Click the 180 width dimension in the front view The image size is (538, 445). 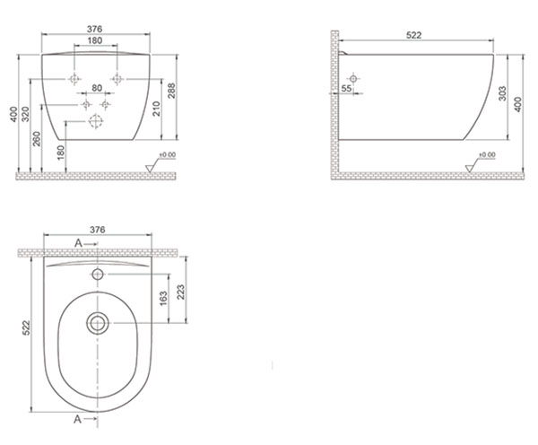pyautogui.click(x=95, y=40)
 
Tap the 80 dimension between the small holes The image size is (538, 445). pyautogui.click(x=97, y=88)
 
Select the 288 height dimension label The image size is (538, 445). pyautogui.click(x=171, y=91)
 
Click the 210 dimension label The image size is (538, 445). pyautogui.click(x=156, y=109)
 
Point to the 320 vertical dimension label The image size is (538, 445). pyautogui.click(x=26, y=114)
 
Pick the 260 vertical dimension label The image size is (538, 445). pyautogui.click(x=37, y=139)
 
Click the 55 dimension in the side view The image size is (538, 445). pyautogui.click(x=346, y=88)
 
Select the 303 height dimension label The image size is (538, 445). pyautogui.click(x=502, y=93)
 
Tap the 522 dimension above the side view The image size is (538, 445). pyautogui.click(x=413, y=35)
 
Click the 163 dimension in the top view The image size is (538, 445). pyautogui.click(x=163, y=298)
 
